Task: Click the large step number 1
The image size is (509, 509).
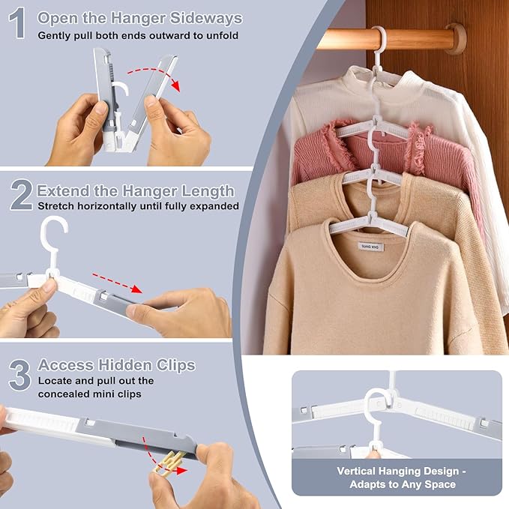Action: [x=18, y=24]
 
